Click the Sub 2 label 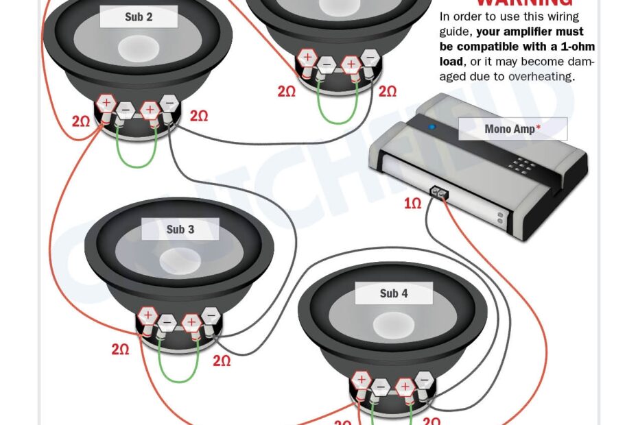click(138, 17)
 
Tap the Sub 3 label click(180, 230)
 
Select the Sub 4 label click(394, 293)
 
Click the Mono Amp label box click(512, 129)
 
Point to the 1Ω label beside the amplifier click(412, 204)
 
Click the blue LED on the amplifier click(432, 127)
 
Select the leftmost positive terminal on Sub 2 click(106, 104)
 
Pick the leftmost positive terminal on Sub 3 click(147, 316)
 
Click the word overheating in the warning click(539, 77)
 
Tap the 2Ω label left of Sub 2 click(81, 121)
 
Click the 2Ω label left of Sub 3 click(120, 350)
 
